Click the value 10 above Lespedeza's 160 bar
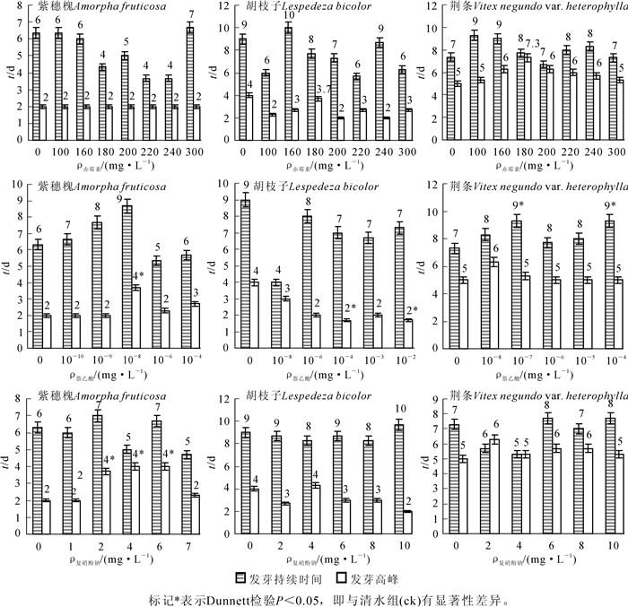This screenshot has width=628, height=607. (x=288, y=16)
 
